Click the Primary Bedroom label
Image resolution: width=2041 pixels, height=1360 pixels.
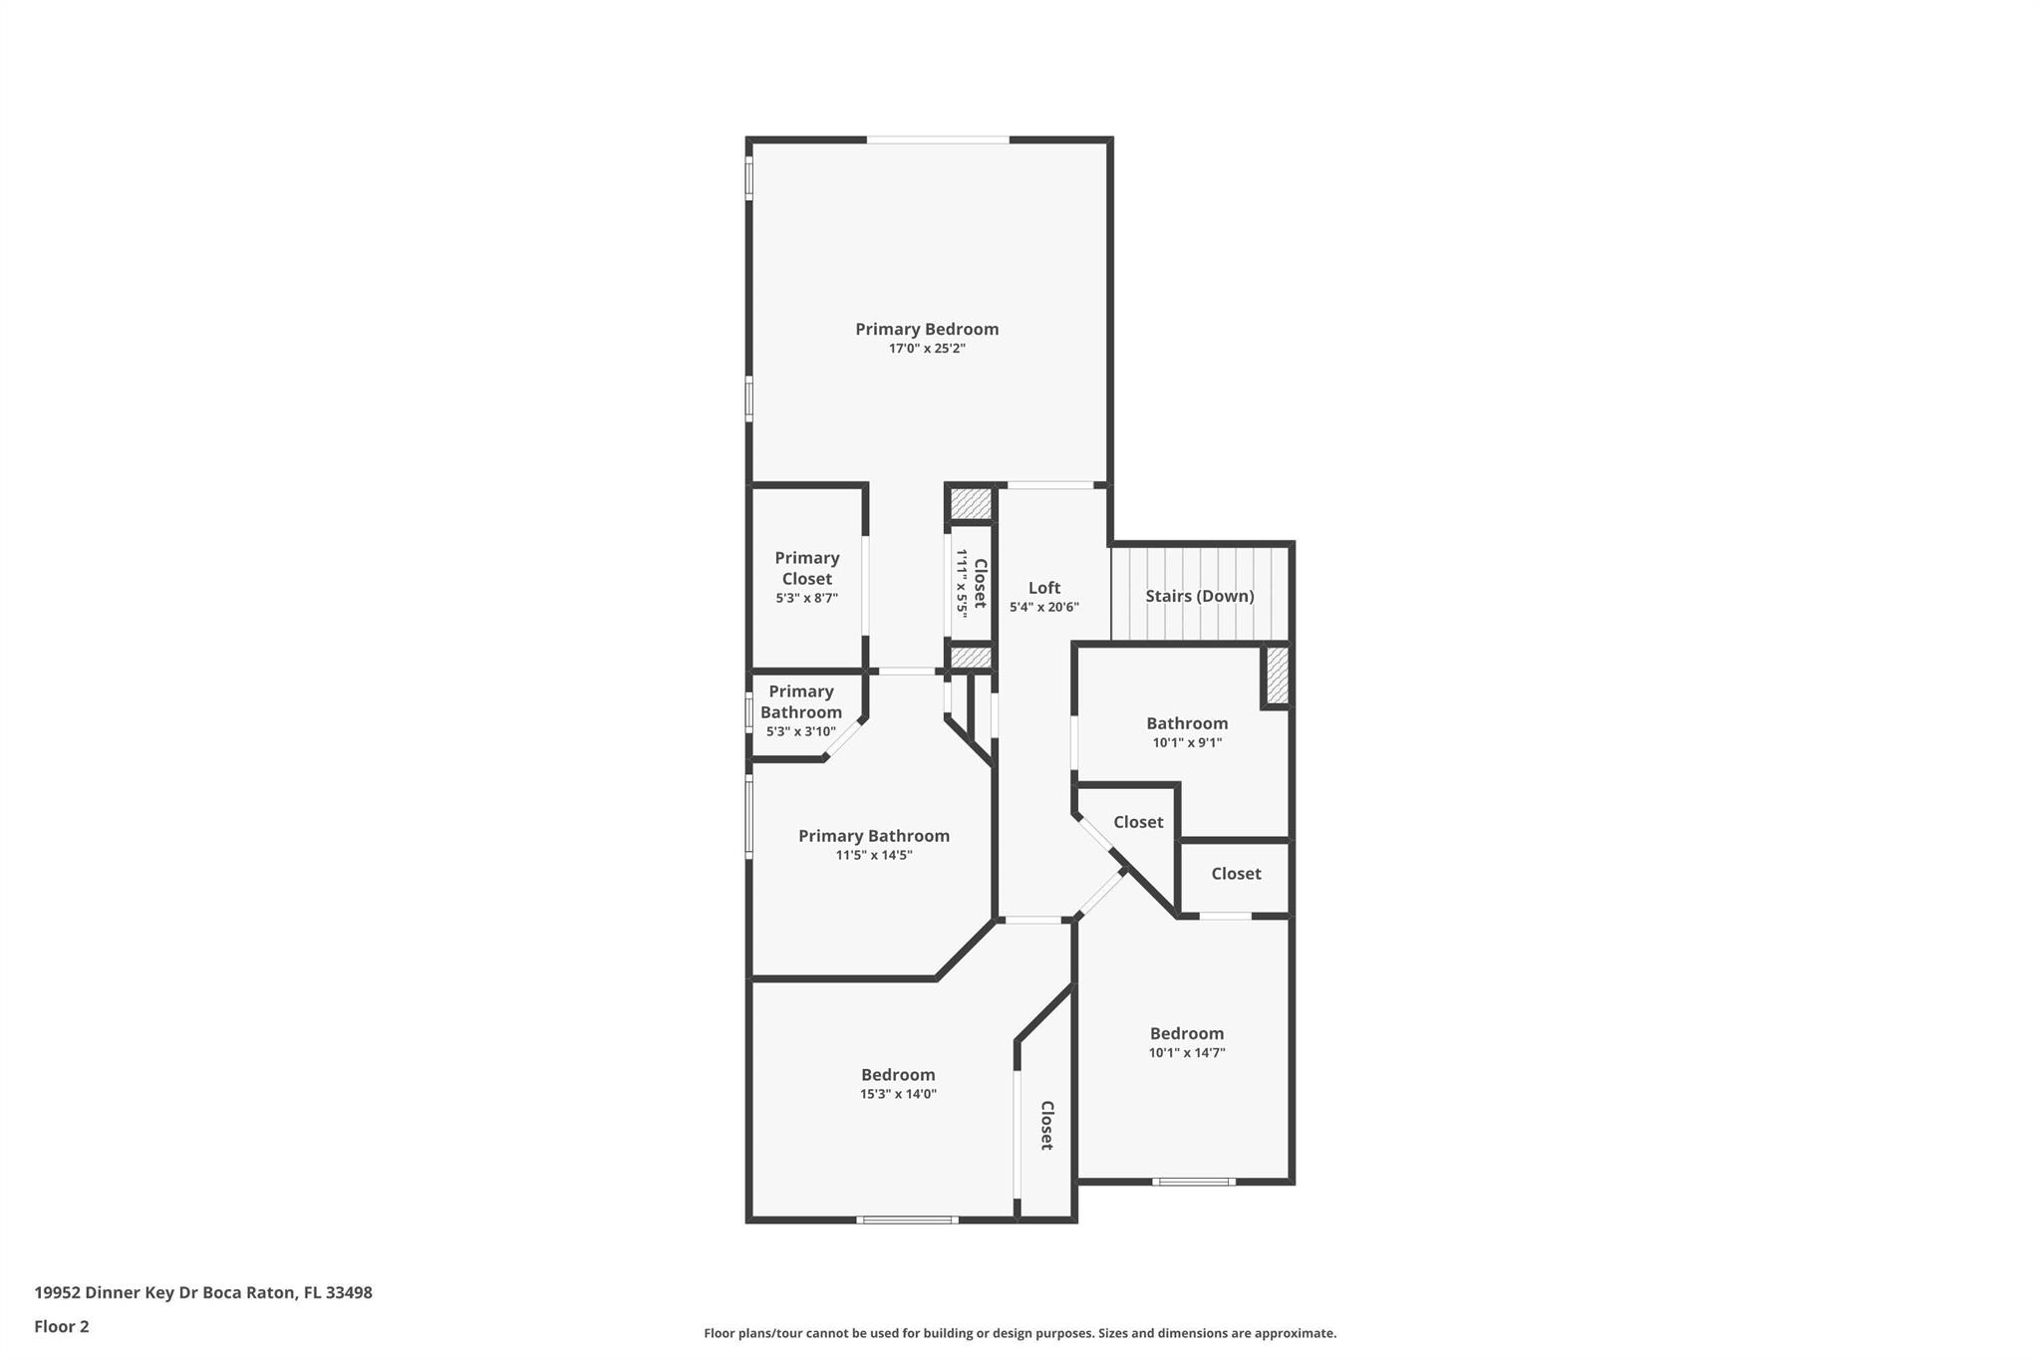pyautogui.click(x=927, y=329)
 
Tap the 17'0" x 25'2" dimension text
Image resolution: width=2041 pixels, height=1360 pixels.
pyautogui.click(x=927, y=349)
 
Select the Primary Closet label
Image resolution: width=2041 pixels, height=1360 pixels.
pyautogui.click(x=807, y=568)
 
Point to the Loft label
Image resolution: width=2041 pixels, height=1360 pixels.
pyautogui.click(x=1044, y=588)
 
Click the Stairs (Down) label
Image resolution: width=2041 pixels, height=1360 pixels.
pyautogui.click(x=1200, y=596)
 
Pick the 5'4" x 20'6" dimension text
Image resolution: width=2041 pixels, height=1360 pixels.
pyautogui.click(x=1044, y=607)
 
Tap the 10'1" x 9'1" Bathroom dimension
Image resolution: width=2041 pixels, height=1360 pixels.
pyautogui.click(x=1187, y=742)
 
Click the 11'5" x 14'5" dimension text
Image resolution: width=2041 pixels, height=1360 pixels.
pyautogui.click(x=874, y=855)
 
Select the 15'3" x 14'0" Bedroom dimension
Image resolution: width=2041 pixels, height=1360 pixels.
pyautogui.click(x=898, y=1094)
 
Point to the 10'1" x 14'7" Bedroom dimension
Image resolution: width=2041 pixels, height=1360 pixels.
pyautogui.click(x=1187, y=1052)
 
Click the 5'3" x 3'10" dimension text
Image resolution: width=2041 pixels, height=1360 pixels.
pyautogui.click(x=801, y=731)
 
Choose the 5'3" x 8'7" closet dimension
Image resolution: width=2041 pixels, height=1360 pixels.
pyautogui.click(x=807, y=598)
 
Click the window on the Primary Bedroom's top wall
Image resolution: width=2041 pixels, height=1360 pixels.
pyautogui.click(x=938, y=139)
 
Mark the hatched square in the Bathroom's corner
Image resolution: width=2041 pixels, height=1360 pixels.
pyautogui.click(x=1278, y=675)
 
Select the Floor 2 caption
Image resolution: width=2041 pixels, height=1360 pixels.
pyautogui.click(x=62, y=1326)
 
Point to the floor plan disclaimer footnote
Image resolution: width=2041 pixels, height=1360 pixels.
pyautogui.click(x=1020, y=1333)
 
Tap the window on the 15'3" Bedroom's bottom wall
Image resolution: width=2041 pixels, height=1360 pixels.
pyautogui.click(x=907, y=1220)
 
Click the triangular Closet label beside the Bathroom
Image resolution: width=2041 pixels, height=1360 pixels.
pyautogui.click(x=1138, y=822)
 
